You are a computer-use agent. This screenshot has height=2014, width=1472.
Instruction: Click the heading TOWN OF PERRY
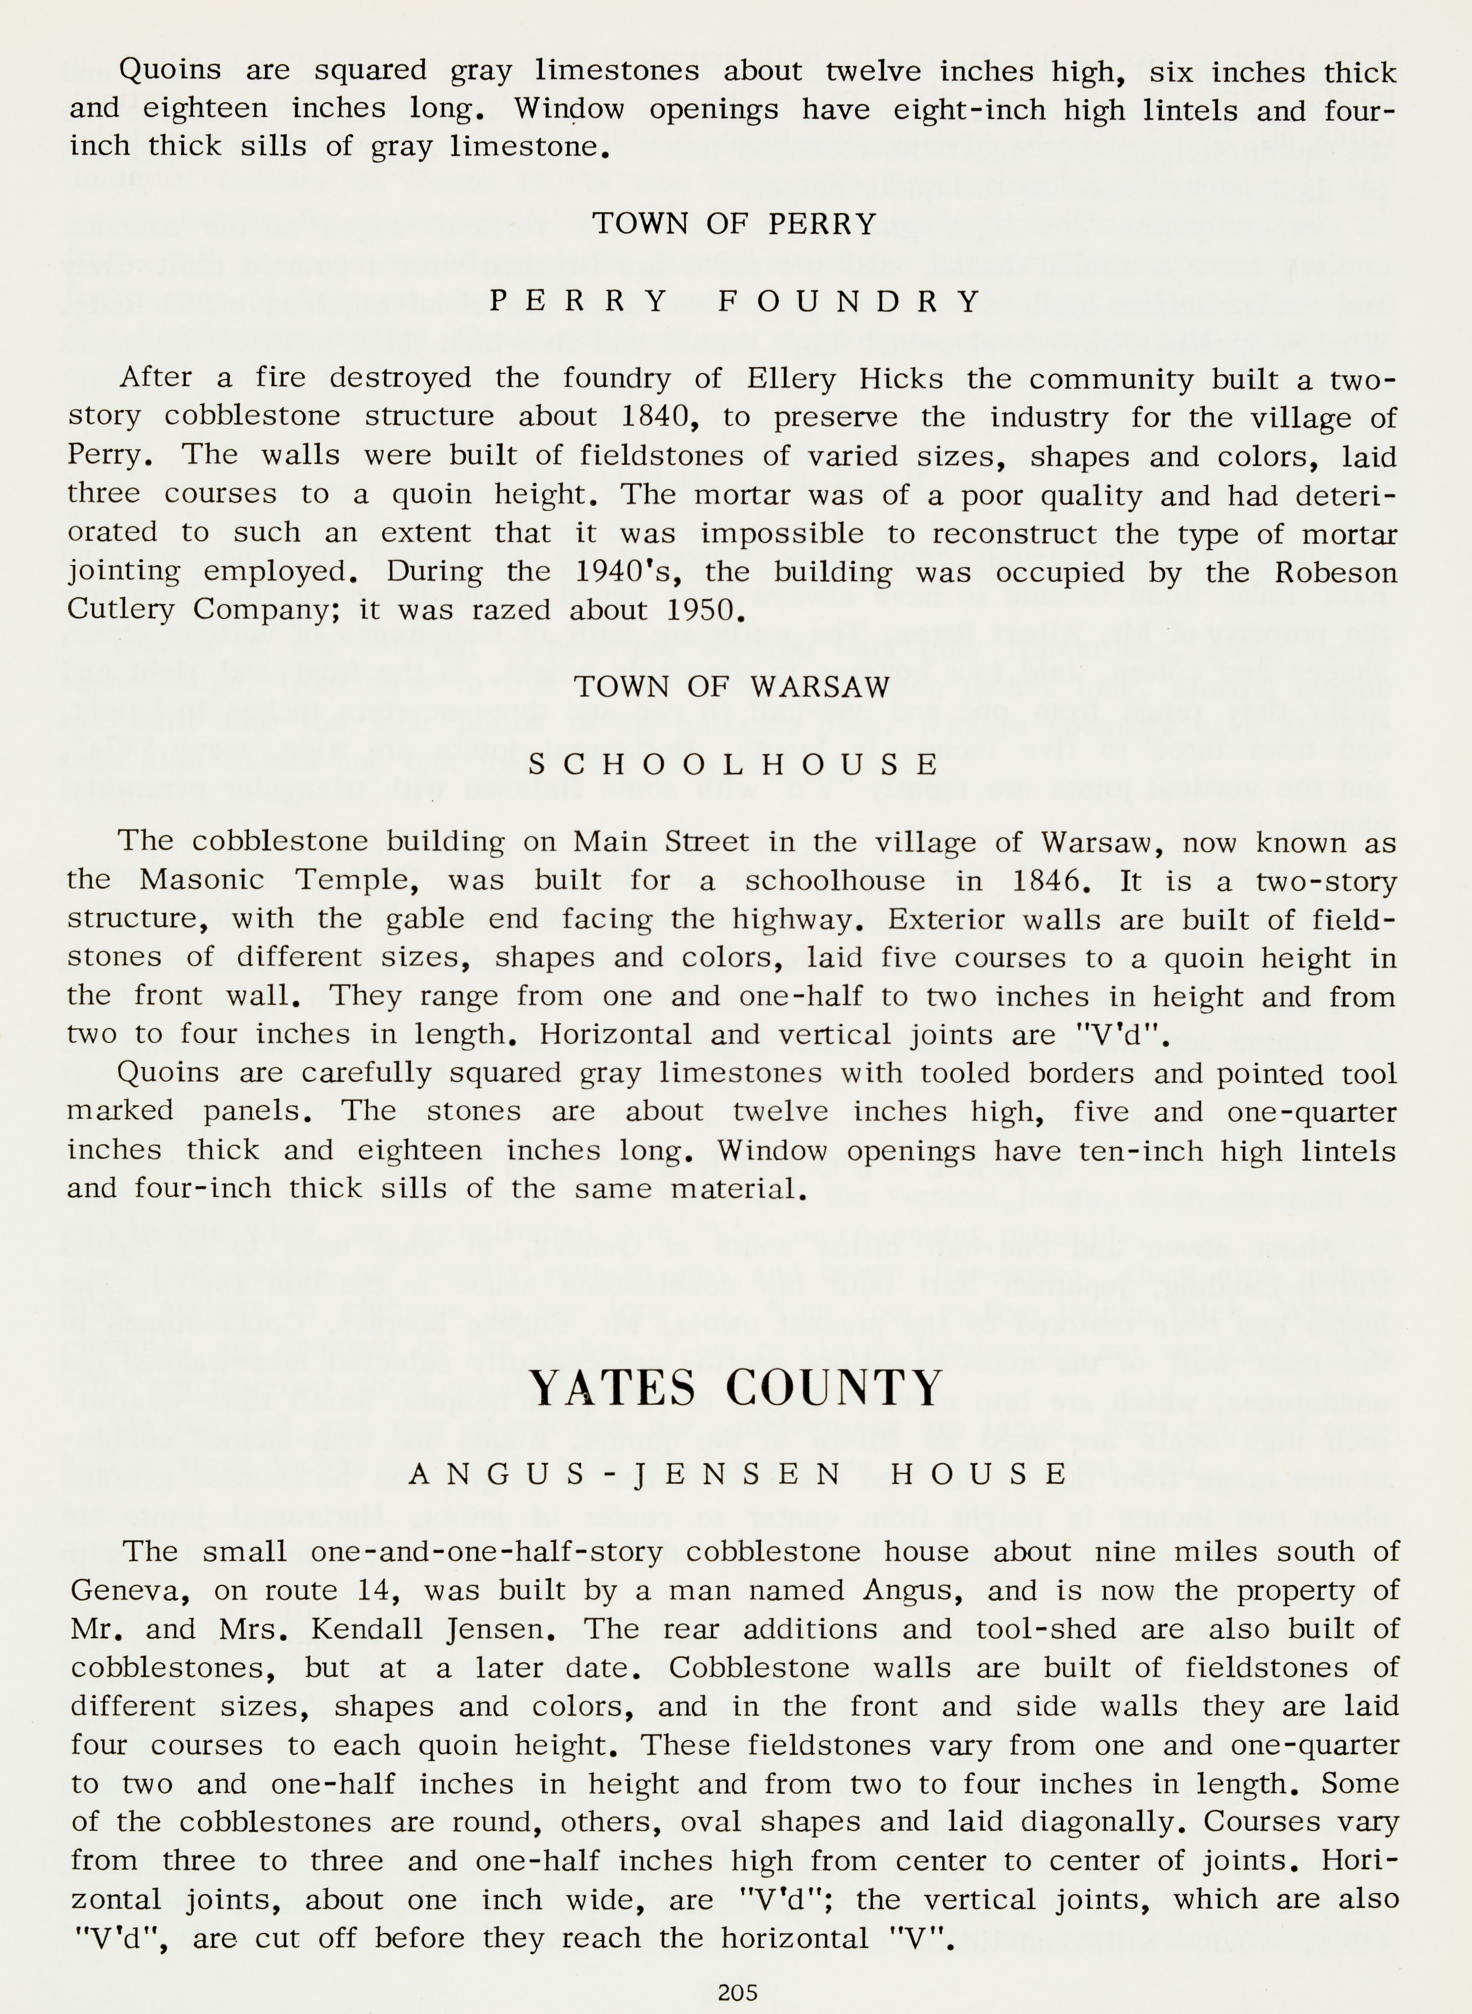(735, 224)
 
